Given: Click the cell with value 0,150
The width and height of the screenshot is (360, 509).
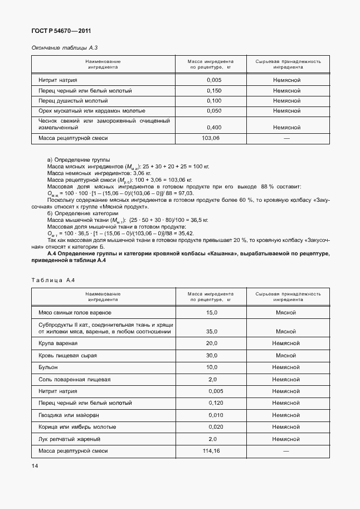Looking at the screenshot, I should tap(213, 90).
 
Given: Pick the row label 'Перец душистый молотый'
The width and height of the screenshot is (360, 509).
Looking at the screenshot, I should tap(73, 101).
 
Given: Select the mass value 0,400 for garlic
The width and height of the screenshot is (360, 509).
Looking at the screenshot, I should tap(213, 127).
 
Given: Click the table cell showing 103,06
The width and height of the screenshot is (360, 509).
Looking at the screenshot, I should tap(211, 137).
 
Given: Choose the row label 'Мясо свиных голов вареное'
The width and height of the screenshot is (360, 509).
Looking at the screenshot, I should tap(75, 313).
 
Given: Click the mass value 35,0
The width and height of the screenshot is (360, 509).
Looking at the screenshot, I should tap(212, 331).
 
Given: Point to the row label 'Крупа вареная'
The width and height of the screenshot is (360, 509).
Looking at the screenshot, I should tap(58, 343).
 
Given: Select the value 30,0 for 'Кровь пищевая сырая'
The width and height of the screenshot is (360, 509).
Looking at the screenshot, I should tap(212, 355).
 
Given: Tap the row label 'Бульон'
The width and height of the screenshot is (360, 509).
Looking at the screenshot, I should tap(47, 367).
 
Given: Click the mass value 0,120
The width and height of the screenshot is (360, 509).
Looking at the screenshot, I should tap(215, 403).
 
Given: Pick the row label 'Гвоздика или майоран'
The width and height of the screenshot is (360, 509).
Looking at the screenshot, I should tap(69, 415).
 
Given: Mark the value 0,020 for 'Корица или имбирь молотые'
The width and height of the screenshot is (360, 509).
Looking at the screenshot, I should tap(215, 427).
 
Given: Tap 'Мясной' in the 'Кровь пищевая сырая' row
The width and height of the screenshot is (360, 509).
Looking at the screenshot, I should tap(285, 355).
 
